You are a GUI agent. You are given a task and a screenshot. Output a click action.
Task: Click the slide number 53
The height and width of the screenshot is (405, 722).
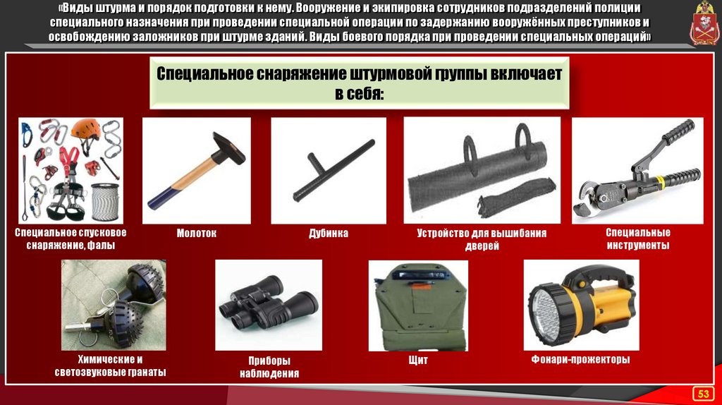point(703,394)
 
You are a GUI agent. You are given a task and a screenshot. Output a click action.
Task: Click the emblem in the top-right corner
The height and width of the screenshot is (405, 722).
point(704,24)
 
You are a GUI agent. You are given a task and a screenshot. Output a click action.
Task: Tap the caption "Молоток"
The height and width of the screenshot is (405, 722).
point(197,234)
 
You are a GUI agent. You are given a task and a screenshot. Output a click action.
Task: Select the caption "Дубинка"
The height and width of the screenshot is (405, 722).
point(329,234)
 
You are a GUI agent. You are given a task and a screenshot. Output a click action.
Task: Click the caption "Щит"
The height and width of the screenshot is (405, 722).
point(418,360)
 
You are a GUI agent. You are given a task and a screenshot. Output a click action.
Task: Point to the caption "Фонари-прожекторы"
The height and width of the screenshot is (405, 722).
point(581,359)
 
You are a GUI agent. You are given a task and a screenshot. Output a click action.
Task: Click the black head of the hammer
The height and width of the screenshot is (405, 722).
point(229,148)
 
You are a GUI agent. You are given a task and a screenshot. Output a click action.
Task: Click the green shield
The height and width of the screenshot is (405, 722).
point(418,306)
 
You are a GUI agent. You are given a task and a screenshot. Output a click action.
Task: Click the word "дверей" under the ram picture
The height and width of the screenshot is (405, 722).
point(482,246)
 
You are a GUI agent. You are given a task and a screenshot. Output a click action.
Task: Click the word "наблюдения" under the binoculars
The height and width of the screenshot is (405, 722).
point(269,374)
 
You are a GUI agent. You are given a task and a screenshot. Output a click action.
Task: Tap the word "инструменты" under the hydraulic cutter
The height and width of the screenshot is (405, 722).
point(637,246)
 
